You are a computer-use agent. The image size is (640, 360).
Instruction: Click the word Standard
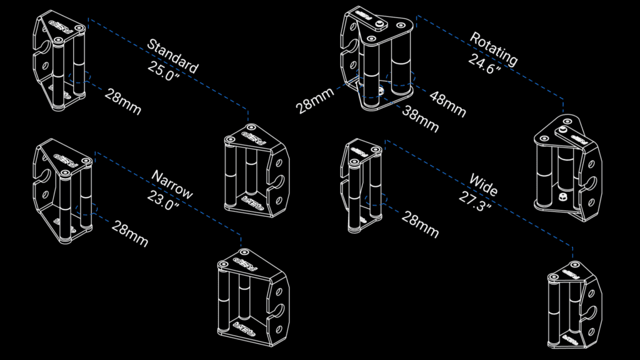click(172, 56)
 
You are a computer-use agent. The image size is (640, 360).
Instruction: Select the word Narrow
click(172, 184)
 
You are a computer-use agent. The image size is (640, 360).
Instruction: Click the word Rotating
click(494, 49)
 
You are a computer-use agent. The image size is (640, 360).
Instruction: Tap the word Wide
click(484, 185)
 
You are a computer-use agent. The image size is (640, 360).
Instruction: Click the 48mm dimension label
click(447, 104)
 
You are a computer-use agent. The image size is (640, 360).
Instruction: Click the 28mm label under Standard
click(123, 102)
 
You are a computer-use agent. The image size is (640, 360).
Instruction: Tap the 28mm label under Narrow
click(130, 234)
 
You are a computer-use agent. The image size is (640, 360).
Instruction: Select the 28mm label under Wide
click(420, 224)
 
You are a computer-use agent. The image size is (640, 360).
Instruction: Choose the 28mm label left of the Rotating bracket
click(315, 101)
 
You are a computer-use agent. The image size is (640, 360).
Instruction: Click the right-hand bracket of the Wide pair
click(575, 305)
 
